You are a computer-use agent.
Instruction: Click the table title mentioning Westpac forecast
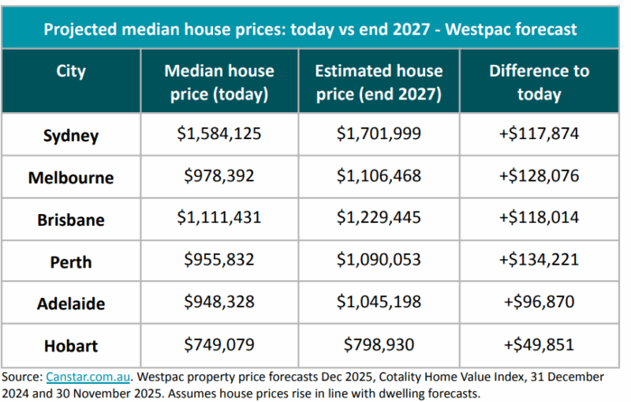(310, 30)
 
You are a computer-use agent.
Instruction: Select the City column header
(71, 71)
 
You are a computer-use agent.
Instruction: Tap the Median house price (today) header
(219, 82)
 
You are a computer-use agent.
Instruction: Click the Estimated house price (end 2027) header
(379, 82)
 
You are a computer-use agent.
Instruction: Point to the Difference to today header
(539, 82)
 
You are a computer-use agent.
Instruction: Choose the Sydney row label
(71, 135)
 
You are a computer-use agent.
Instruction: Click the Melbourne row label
(71, 178)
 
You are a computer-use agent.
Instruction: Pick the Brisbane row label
(71, 220)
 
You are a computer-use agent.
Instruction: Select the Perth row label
(71, 262)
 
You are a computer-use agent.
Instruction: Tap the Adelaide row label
(71, 304)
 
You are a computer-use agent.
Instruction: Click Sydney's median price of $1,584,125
(219, 134)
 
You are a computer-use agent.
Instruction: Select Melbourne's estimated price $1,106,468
(379, 176)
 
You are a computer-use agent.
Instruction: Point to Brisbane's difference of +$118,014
(539, 219)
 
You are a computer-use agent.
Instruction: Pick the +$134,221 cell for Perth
(539, 261)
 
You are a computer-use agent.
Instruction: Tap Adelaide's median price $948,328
(219, 302)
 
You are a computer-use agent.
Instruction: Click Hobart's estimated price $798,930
(379, 345)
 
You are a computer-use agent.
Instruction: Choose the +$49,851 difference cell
(539, 345)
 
